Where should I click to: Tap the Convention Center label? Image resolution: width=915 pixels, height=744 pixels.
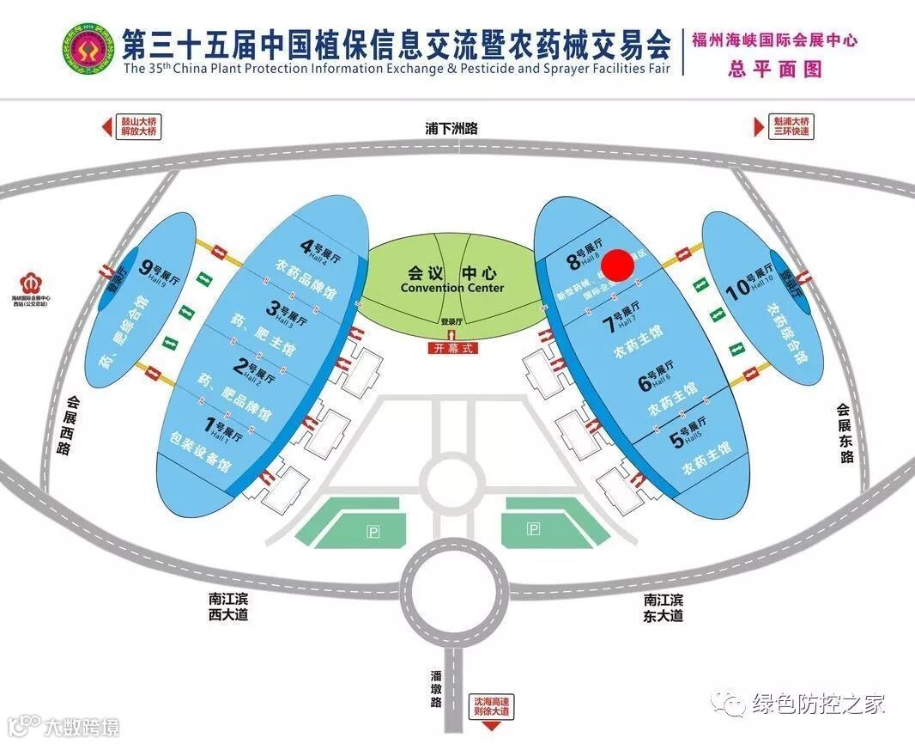451,279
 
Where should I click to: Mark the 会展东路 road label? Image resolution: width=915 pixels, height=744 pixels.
846,433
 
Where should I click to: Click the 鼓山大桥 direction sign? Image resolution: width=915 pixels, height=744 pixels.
133,126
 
